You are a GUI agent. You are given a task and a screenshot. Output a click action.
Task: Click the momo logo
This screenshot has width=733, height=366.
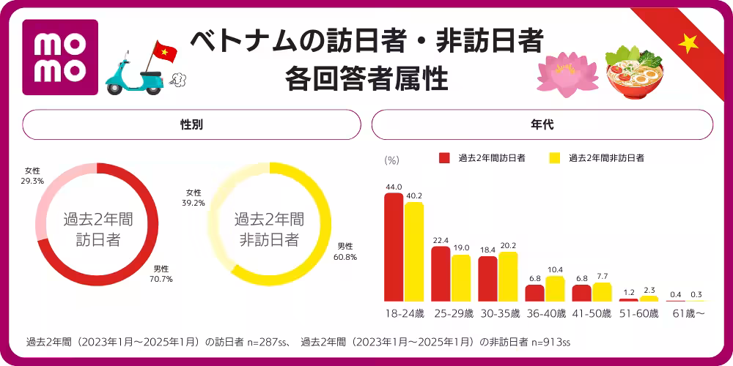coord(60,57)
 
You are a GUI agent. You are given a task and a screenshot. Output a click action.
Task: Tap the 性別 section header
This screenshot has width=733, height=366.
coord(191,124)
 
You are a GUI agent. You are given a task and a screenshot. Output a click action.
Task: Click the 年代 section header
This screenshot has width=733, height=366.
coord(542,124)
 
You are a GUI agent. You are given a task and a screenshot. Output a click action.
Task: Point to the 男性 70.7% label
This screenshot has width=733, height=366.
coord(162,273)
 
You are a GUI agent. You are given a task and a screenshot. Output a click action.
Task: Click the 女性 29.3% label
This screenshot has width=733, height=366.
coord(32,175)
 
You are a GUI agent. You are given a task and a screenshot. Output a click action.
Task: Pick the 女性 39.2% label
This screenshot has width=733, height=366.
coord(194,198)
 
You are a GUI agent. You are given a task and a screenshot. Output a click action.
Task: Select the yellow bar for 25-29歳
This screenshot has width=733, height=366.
coord(461,278)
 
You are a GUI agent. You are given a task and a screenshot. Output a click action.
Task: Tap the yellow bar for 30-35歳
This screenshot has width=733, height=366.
coord(508,277)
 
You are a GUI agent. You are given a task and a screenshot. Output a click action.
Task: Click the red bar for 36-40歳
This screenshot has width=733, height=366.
coord(535,293)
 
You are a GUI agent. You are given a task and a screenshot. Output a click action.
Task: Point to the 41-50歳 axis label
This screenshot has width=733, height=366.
coord(592,313)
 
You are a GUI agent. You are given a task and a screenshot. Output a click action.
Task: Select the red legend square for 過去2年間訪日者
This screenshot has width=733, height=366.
coord(444,157)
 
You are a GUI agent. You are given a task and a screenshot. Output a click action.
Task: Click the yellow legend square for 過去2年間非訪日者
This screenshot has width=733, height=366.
coord(555,157)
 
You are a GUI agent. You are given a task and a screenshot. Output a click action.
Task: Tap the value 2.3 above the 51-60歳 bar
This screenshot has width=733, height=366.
coord(649,291)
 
